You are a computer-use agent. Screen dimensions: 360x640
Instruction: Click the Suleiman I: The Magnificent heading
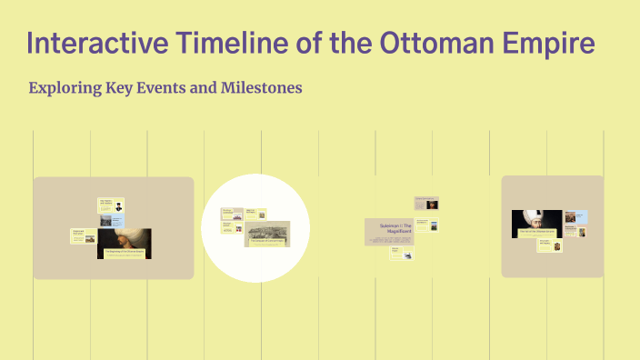coord(388,227)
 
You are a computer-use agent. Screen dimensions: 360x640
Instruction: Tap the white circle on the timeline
coord(255,226)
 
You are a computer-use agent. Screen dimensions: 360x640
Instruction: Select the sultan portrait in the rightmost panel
coord(535,223)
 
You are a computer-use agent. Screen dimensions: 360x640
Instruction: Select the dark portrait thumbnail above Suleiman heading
coord(433,203)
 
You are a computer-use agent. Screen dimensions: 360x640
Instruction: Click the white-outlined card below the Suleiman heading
coord(398,254)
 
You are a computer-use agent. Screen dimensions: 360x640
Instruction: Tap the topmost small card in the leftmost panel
coord(111,205)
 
